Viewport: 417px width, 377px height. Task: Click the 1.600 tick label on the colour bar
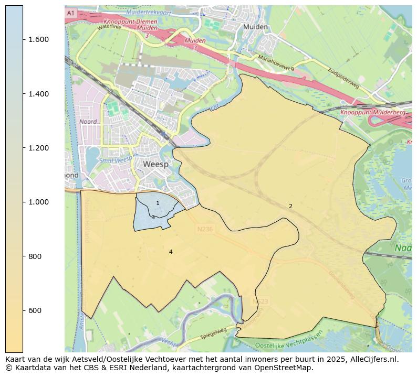tap(38, 40)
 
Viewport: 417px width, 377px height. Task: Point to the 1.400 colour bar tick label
tap(38, 94)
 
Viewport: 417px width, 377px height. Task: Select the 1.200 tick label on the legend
tap(38, 148)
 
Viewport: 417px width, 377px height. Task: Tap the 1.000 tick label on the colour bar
tap(38, 202)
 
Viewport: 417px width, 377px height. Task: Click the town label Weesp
tap(156, 164)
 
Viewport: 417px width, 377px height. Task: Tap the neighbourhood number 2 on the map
tap(290, 207)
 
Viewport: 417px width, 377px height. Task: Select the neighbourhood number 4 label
tap(171, 252)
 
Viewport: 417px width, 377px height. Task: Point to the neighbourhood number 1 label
tap(158, 203)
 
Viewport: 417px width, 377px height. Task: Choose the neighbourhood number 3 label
tap(153, 217)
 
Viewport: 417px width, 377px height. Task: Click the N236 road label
tap(206, 229)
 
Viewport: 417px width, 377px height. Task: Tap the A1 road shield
tap(71, 13)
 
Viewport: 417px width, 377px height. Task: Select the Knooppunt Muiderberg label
tap(365, 113)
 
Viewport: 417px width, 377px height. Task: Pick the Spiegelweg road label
tap(213, 333)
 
